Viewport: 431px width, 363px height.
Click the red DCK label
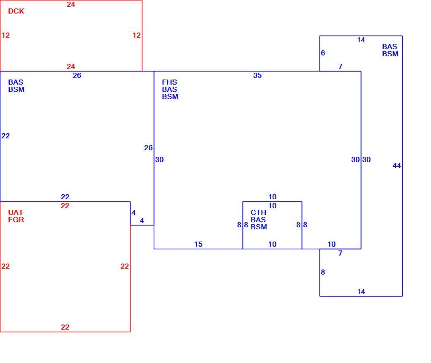[16, 11]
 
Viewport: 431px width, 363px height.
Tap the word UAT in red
[16, 212]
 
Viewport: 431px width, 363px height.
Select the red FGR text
[16, 220]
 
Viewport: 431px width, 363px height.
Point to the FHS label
[169, 82]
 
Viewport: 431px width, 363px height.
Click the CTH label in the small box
[258, 212]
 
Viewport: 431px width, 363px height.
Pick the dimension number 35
[257, 75]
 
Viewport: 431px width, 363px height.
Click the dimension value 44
[397, 166]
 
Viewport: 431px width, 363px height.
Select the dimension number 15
[199, 244]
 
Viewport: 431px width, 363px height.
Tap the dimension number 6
[323, 53]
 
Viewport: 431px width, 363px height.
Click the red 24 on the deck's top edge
[71, 4]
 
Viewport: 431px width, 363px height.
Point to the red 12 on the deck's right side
[136, 35]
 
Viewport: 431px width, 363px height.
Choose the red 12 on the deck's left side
[6, 35]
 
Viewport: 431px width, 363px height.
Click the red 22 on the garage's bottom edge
[65, 327]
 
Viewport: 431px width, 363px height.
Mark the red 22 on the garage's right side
[125, 266]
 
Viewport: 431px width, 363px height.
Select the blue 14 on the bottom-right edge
[361, 291]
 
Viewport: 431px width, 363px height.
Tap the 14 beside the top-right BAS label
[361, 40]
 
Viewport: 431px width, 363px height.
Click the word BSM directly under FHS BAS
[170, 96]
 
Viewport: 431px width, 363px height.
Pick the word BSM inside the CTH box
[259, 227]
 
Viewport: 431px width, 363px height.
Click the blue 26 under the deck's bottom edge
[77, 75]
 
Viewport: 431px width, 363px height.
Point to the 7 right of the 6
[340, 66]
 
